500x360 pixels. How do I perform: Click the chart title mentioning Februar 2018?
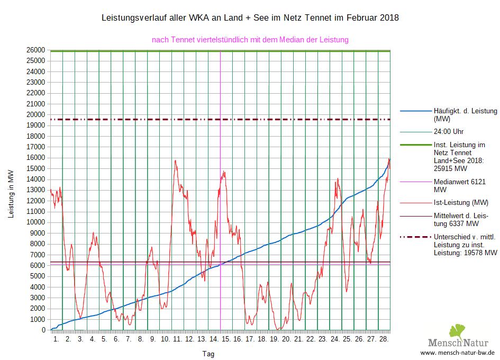tap(250, 18)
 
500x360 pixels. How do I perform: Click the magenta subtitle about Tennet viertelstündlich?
tap(250, 40)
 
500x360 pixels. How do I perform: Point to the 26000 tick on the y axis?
tap(36, 50)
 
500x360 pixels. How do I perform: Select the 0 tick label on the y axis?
tap(43, 330)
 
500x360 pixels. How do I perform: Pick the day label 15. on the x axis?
tap(226, 339)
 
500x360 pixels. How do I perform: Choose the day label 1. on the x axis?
tap(56, 339)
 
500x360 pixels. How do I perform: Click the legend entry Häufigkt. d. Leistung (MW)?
tap(465, 115)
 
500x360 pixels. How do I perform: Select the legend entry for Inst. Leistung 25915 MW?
tap(459, 157)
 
